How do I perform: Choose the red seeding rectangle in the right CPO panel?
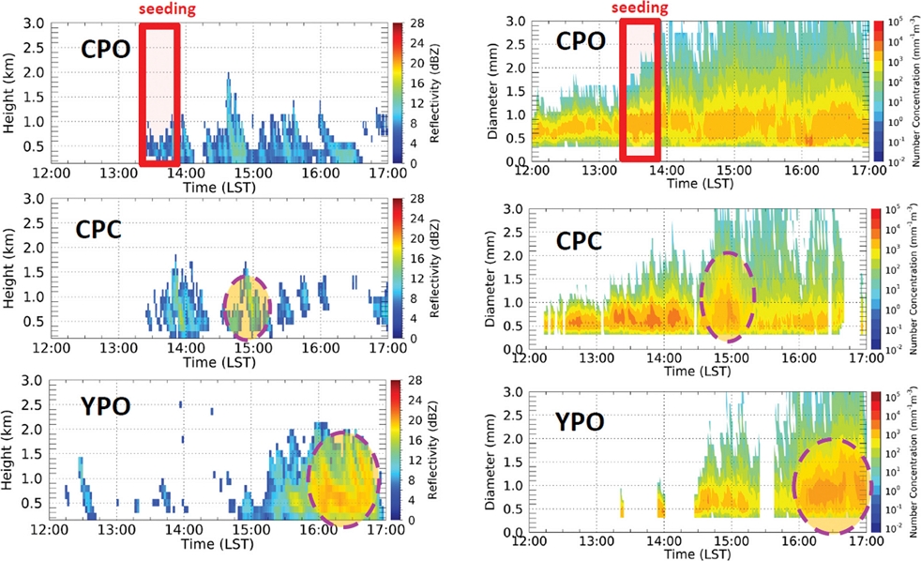coord(642,90)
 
